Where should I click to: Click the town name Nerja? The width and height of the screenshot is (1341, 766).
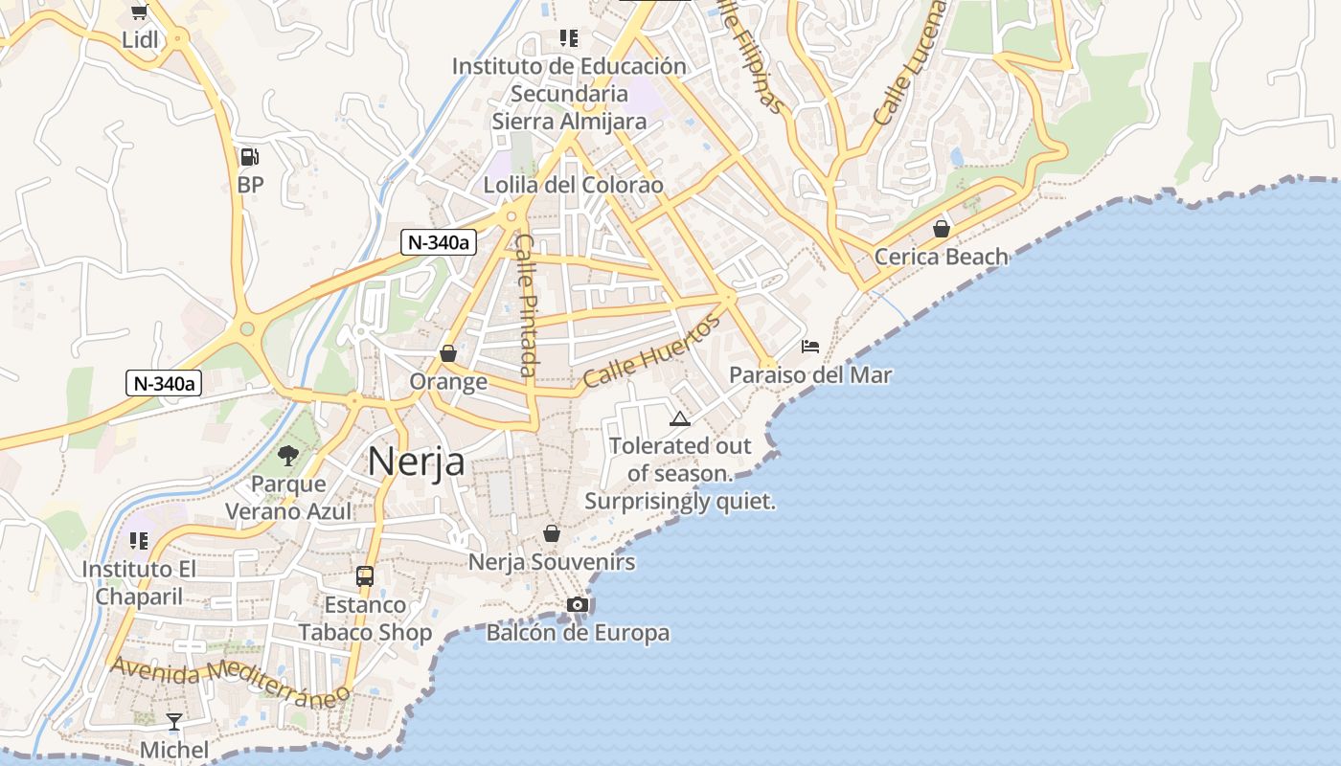(417, 462)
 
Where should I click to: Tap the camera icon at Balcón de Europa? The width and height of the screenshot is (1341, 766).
(578, 604)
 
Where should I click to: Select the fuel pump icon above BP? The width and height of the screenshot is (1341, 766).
(249, 157)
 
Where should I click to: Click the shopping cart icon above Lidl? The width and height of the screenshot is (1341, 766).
(140, 11)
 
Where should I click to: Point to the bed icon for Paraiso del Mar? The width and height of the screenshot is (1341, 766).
(810, 347)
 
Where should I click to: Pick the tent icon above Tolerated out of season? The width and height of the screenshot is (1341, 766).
(679, 418)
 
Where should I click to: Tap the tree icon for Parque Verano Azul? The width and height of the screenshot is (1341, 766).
(287, 456)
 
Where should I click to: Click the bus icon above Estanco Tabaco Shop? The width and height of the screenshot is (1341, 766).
(365, 576)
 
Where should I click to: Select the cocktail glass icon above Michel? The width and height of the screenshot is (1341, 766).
(173, 722)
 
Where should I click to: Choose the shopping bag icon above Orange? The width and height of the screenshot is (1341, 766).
(447, 353)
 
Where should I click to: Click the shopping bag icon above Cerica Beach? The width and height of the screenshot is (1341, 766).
(942, 229)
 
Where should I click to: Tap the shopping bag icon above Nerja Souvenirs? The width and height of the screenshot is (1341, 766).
(552, 533)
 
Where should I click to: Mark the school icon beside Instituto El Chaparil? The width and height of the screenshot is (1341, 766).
(139, 541)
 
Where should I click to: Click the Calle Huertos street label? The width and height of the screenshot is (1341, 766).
(651, 351)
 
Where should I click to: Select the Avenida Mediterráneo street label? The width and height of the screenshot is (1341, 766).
(229, 681)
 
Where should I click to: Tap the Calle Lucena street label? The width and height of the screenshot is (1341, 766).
(910, 62)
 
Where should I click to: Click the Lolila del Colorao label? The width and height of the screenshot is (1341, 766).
(573, 185)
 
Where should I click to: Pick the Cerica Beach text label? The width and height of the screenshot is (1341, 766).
(942, 257)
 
